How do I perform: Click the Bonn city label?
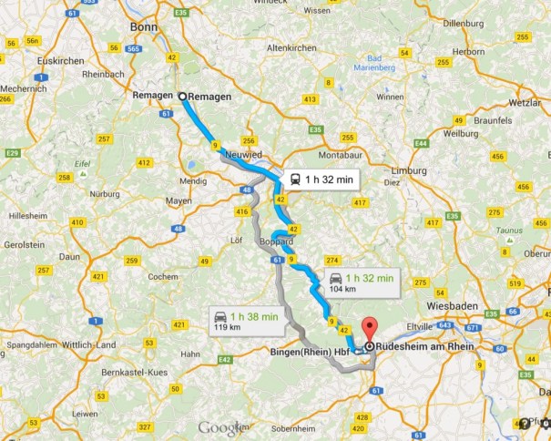coord(144,26)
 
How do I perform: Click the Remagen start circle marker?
coord(182,96)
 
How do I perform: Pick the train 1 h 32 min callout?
coord(318,179)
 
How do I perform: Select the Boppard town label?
coord(273,243)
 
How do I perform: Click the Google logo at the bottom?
coord(224,427)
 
